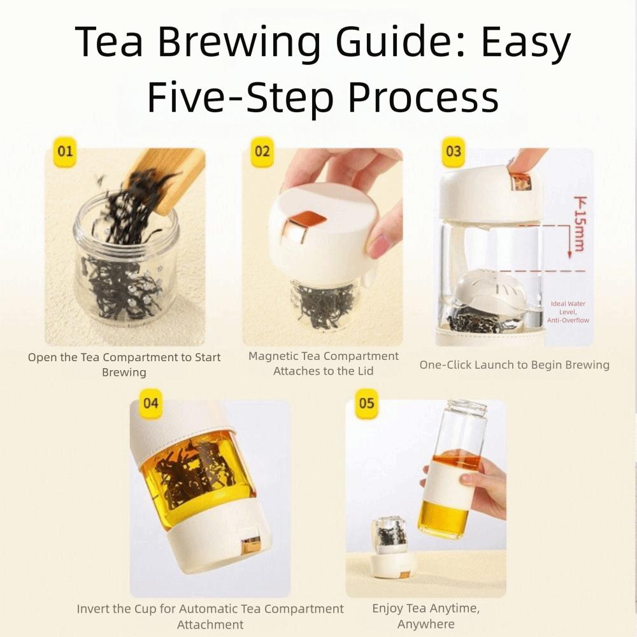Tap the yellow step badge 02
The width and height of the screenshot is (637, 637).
pyautogui.click(x=262, y=152)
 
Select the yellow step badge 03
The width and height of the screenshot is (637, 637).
pyautogui.click(x=454, y=152)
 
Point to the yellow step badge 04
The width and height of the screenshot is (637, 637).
pyautogui.click(x=151, y=403)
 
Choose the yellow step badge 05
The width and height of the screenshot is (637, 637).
pyautogui.click(x=367, y=403)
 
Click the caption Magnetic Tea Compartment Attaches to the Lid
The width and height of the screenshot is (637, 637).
pyautogui.click(x=323, y=364)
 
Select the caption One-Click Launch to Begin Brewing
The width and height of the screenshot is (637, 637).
pyautogui.click(x=514, y=365)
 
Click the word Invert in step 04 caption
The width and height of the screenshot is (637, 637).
pyautogui.click(x=94, y=609)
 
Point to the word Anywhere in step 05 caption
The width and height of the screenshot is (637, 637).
pyautogui.click(x=426, y=624)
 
